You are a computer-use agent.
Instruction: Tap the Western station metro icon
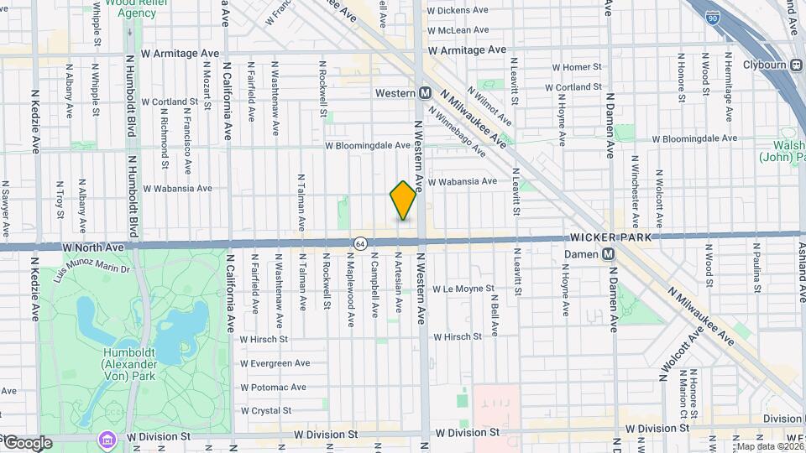click(426, 92)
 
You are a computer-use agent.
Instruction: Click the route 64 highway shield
click(359, 243)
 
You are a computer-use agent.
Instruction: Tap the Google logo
click(27, 443)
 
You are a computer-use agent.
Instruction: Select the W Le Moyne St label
click(462, 289)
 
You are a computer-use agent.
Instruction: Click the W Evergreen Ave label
click(275, 363)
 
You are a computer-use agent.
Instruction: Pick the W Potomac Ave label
click(272, 388)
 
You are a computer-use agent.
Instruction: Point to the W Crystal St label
click(265, 411)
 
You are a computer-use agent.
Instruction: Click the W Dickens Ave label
click(458, 11)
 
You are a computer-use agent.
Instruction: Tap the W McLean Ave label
click(458, 29)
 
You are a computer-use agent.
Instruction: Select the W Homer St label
click(577, 66)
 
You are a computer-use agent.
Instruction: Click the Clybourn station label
click(767, 65)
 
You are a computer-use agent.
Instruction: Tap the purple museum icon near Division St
click(106, 439)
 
